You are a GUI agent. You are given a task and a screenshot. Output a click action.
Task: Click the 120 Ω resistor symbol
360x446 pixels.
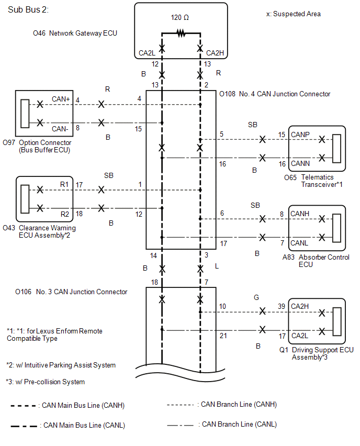click(181, 34)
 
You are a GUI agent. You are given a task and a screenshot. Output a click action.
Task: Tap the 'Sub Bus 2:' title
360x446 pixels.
click(28, 9)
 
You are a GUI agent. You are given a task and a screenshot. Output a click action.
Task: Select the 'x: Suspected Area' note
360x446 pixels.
click(293, 14)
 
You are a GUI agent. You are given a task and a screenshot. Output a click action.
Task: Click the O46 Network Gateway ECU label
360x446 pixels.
click(75, 34)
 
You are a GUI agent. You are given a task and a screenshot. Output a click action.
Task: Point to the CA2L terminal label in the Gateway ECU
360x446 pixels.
click(147, 53)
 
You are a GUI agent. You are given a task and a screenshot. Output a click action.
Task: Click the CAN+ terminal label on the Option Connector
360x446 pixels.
click(61, 99)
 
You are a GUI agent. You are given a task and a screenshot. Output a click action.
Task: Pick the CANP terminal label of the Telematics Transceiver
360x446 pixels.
click(300, 135)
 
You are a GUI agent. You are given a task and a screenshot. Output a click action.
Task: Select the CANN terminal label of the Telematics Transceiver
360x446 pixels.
click(300, 163)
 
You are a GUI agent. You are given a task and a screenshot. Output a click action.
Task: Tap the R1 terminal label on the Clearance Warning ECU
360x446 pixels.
click(64, 185)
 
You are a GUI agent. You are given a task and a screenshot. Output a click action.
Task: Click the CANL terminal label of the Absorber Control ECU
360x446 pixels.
click(299, 243)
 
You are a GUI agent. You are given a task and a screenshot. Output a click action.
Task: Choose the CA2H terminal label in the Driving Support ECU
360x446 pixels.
click(300, 306)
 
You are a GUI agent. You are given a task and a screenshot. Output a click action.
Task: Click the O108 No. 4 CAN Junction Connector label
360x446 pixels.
click(275, 94)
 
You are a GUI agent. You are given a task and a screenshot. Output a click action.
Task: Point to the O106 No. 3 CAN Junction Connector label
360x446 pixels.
click(71, 292)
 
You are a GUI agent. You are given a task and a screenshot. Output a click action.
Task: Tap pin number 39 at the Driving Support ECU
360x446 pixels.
click(282, 306)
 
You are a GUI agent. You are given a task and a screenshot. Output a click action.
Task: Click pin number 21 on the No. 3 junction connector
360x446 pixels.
click(223, 336)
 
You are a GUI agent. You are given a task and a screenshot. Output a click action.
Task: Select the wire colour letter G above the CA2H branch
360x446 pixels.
click(256, 297)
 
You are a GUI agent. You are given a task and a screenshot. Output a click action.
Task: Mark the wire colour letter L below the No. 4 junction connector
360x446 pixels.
click(217, 266)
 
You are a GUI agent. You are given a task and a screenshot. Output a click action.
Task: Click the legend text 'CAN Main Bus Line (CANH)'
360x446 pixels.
click(83, 405)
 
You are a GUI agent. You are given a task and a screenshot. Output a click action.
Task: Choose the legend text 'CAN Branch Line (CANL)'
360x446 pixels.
click(239, 425)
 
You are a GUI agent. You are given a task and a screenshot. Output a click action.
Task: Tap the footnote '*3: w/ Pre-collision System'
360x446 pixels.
click(46, 382)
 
